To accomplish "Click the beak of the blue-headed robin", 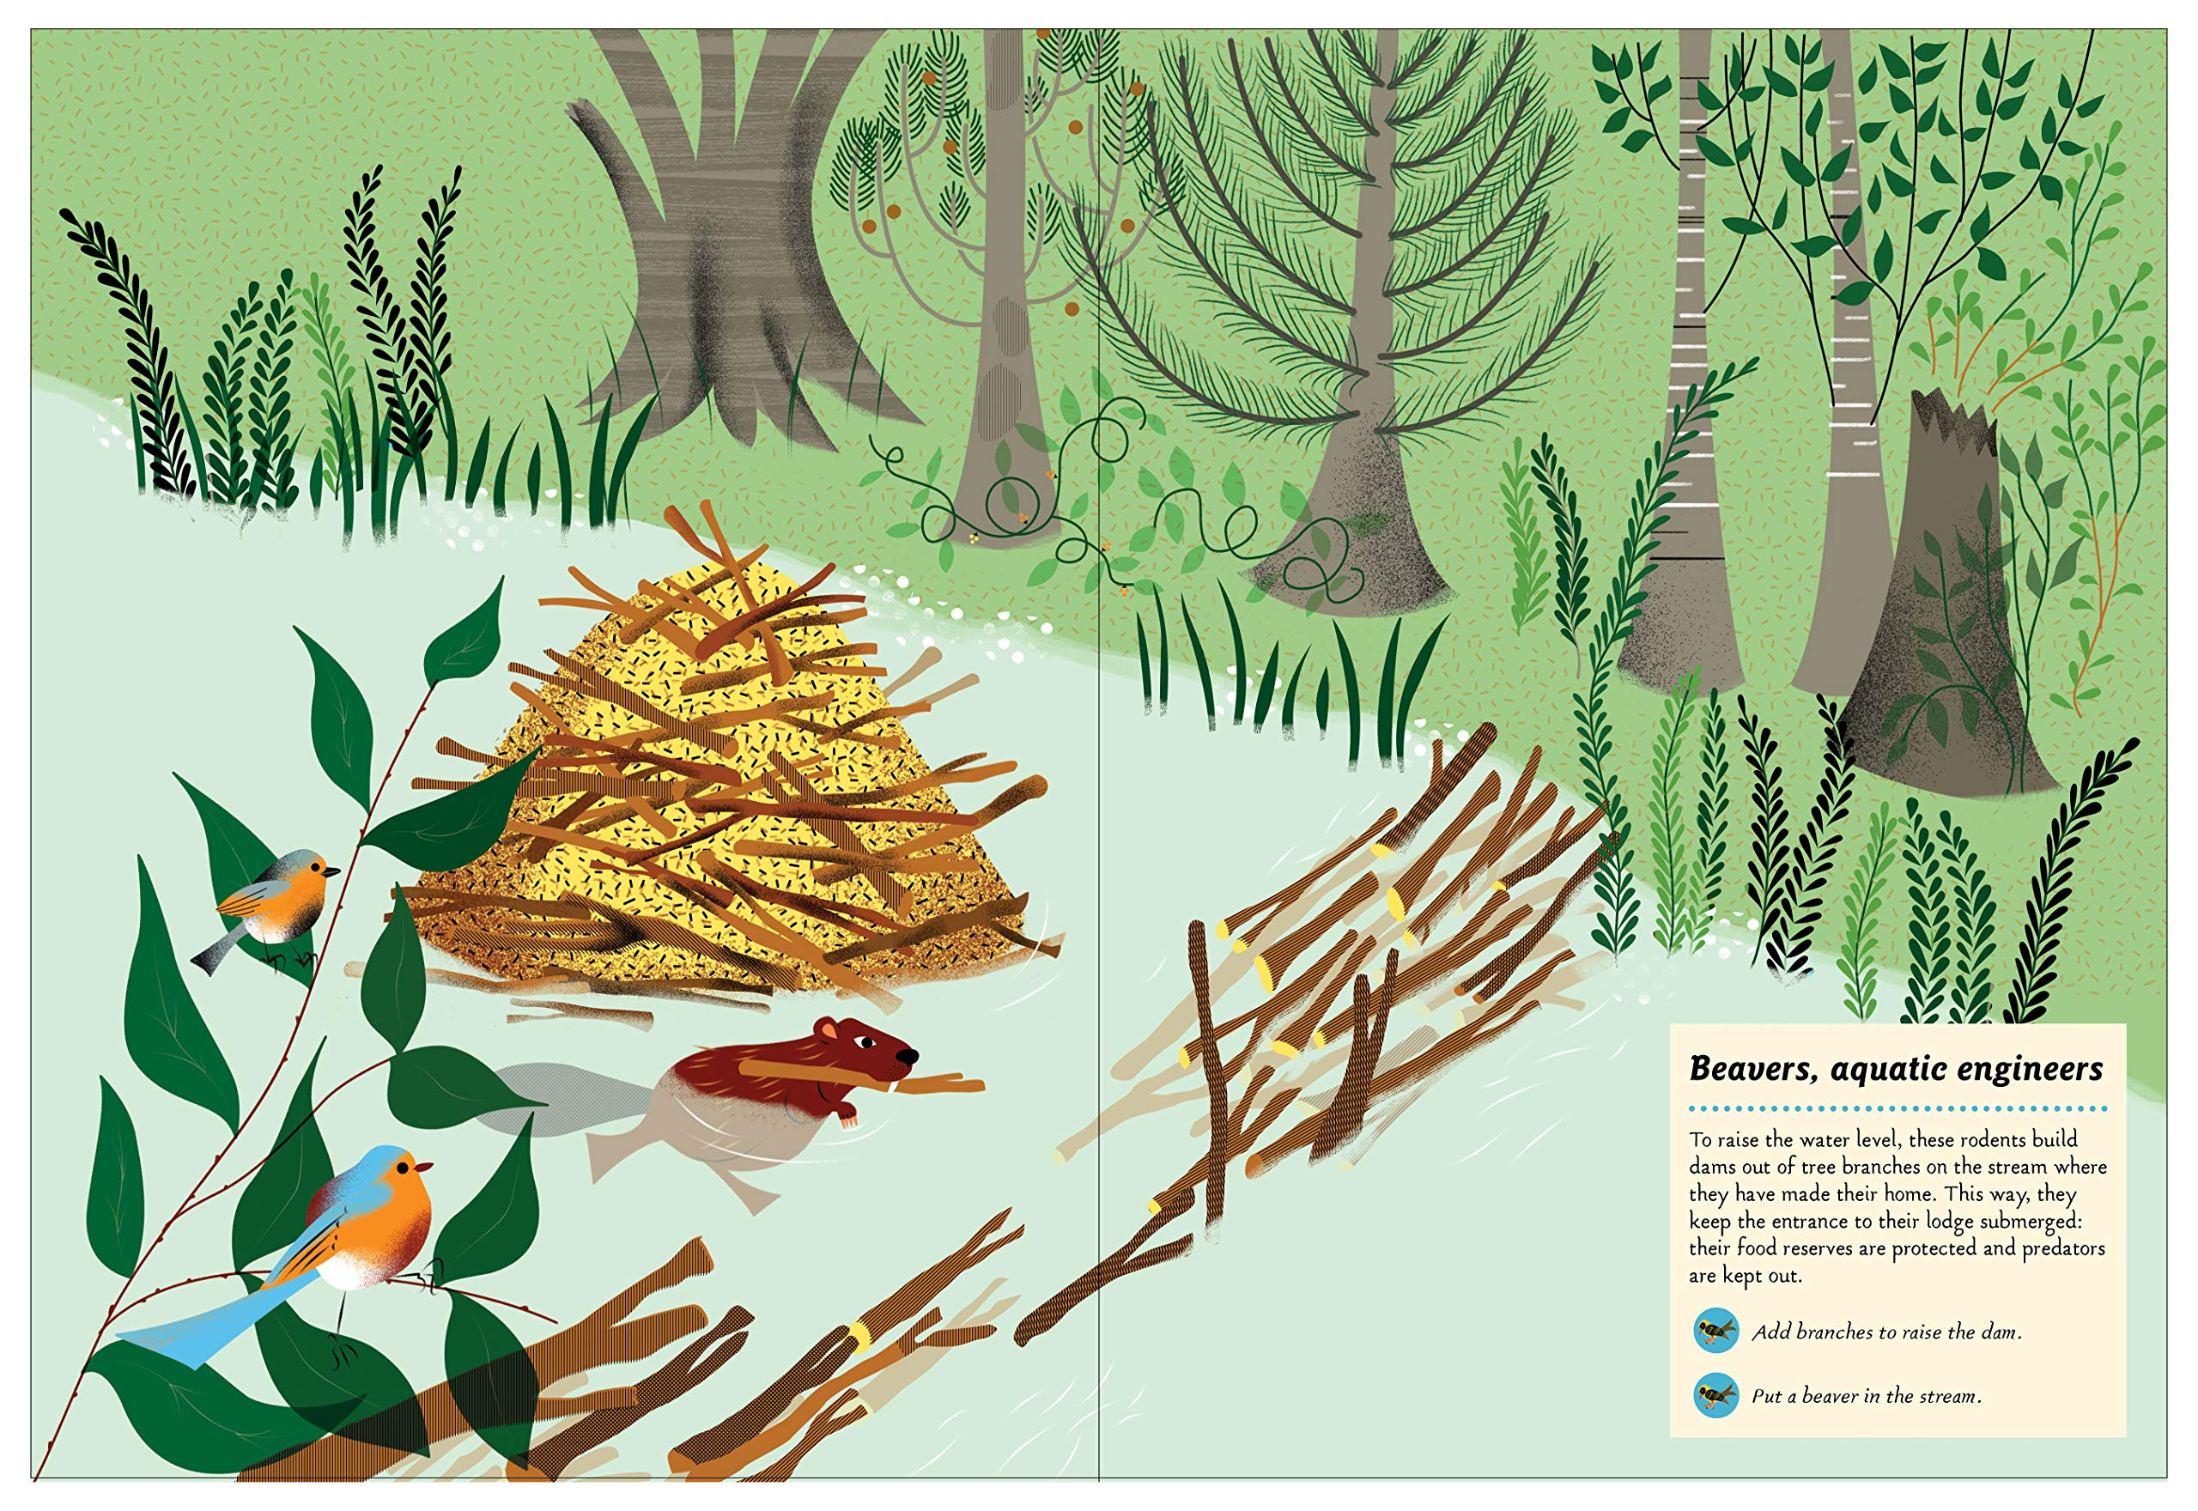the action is point(425,1167).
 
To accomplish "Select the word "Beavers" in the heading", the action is point(1755,1070).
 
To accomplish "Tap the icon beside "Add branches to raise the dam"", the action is point(1715,1331).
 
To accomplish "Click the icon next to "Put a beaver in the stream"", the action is point(1715,1394).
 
